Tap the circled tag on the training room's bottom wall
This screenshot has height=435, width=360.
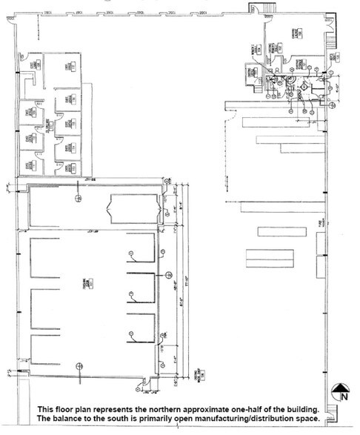78,366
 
